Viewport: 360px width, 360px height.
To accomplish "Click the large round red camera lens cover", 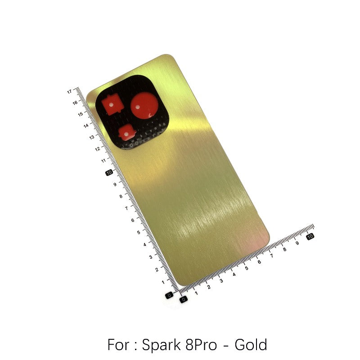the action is click(144, 105).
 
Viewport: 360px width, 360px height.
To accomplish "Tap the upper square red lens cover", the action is click(112, 105).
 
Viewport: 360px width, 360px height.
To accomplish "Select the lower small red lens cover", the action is click(127, 132).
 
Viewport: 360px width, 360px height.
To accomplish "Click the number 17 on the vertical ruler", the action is click(70, 92).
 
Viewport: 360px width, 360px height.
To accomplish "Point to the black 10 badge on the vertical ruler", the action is click(109, 173).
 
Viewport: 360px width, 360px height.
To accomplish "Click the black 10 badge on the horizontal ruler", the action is click(310, 236).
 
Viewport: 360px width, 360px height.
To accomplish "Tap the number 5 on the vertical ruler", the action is click(139, 232).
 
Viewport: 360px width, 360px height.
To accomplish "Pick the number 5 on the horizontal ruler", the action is click(247, 268).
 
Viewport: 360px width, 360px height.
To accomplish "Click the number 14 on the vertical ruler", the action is click(86, 126).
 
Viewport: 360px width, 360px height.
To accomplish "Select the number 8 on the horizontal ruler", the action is click(285, 249).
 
